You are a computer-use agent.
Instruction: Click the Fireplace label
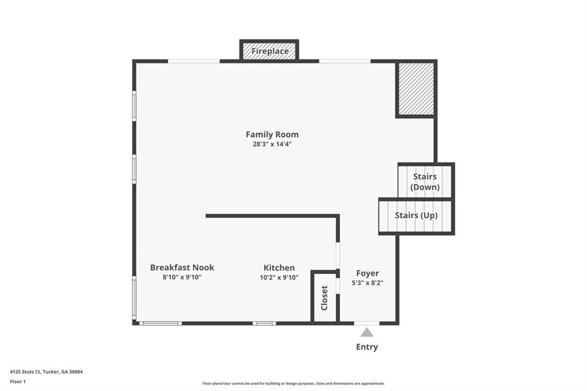[270, 51]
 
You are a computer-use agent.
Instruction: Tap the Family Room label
[272, 134]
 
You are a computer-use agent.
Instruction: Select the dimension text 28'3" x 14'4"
[272, 144]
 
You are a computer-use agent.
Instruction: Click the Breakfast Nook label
[182, 267]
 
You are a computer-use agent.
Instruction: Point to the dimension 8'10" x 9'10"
[182, 277]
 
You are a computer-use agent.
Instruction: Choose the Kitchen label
[279, 268]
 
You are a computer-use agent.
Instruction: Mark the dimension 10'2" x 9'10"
[279, 277]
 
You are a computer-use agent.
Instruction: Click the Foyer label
[367, 273]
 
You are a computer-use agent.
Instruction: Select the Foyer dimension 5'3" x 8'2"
[367, 283]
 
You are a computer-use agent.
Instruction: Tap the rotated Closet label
[324, 298]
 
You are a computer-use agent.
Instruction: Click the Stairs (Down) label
[425, 182]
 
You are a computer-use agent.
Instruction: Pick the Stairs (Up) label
[416, 216]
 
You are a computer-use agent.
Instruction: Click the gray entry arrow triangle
[367, 333]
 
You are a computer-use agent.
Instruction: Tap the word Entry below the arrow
[367, 347]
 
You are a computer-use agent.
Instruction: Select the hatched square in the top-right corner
[416, 89]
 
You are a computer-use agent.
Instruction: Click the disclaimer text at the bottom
[293, 384]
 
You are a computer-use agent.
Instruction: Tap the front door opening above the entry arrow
[367, 323]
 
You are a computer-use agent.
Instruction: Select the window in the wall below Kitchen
[264, 323]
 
